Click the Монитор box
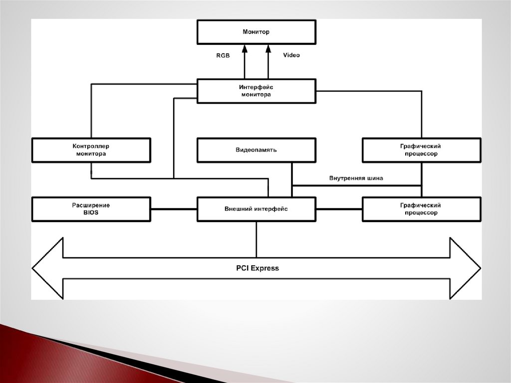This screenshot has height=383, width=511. tap(256, 32)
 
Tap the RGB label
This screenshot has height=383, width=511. tap(223, 55)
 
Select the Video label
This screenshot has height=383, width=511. tap(291, 55)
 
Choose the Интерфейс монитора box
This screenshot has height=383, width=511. tap(256, 91)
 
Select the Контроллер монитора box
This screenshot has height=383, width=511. tap(91, 150)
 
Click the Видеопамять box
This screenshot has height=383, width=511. tap(256, 150)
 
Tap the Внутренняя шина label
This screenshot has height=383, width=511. tap(356, 178)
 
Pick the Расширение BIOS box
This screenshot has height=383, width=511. tap(91, 209)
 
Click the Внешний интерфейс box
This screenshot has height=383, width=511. tap(256, 209)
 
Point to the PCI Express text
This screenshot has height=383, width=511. tap(257, 268)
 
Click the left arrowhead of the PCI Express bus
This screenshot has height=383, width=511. tap(48, 268)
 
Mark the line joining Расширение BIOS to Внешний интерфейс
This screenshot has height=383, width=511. tap(174, 209)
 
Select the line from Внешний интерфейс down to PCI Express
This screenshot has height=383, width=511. tap(256, 239)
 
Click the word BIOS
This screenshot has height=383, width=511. tap(91, 213)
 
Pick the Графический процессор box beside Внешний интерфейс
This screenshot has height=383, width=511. tap(421, 209)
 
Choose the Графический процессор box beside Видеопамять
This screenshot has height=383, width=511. tap(421, 150)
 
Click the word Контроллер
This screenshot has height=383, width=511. tap(91, 146)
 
